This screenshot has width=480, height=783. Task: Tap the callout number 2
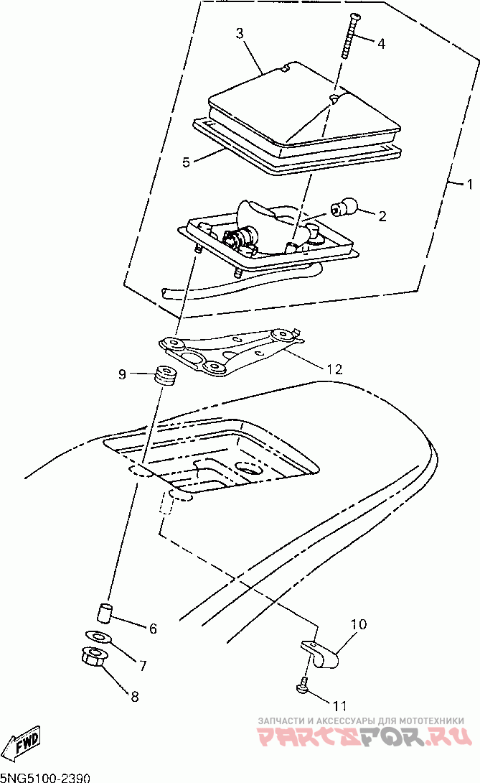coord(382,215)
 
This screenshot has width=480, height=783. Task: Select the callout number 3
coord(240,33)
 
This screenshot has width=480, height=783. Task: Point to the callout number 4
coord(381,43)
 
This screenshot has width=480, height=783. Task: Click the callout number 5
coord(186,162)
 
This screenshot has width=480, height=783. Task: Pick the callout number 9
coord(122,374)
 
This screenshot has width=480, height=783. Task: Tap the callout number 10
coord(359,624)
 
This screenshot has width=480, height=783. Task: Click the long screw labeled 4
coord(349,37)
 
